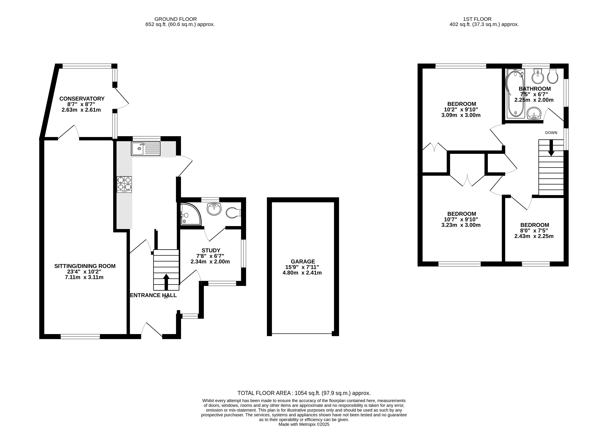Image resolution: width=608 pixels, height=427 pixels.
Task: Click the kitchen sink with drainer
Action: [x=145, y=149]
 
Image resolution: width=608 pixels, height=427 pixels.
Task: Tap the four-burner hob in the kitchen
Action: [x=124, y=184]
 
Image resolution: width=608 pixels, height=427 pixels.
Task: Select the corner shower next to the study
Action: [x=190, y=214]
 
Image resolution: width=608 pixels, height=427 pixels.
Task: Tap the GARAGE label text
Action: [x=303, y=262]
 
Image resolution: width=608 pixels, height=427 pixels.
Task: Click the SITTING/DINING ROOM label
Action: [x=85, y=266]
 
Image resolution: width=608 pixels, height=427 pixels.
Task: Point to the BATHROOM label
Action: [x=535, y=89]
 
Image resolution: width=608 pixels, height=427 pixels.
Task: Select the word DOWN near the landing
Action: [x=551, y=133]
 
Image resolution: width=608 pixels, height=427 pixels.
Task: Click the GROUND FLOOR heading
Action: [x=176, y=19]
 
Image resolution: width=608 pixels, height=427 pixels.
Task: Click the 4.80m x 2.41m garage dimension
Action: [x=302, y=273]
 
